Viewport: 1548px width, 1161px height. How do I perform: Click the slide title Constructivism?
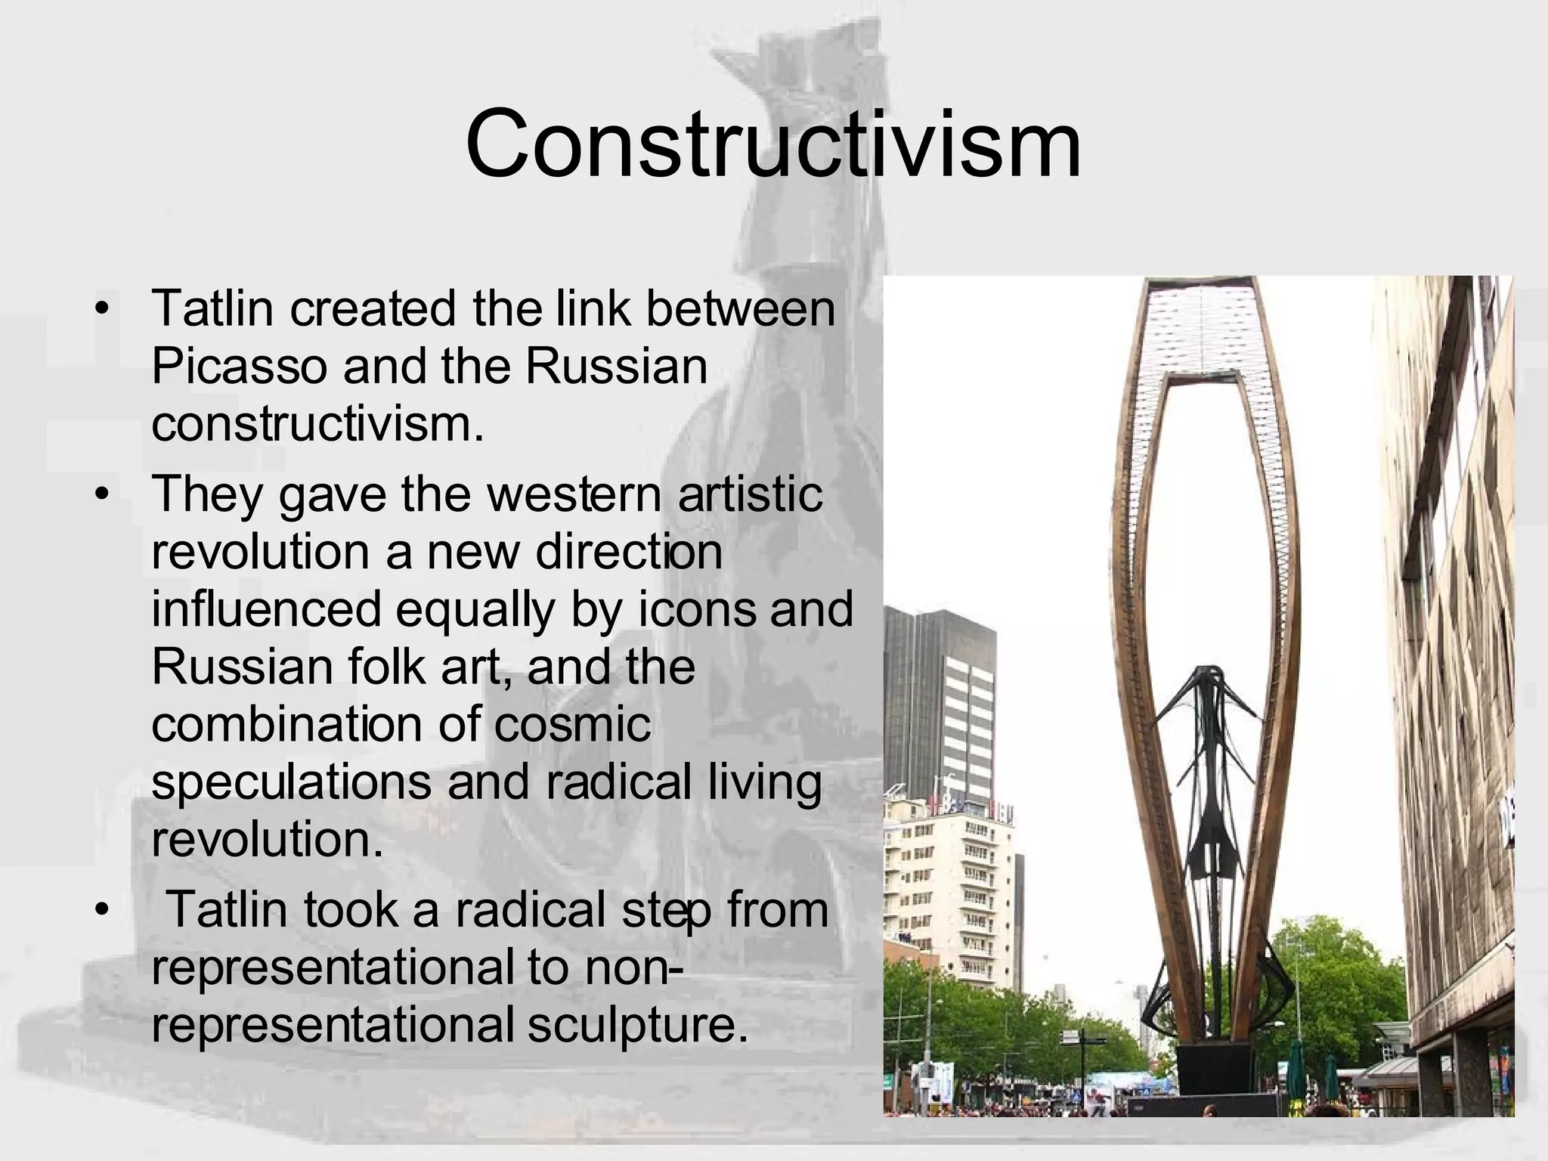coord(772,144)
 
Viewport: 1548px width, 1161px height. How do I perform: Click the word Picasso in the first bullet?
coord(239,367)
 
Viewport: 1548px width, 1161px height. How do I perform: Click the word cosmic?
coord(572,723)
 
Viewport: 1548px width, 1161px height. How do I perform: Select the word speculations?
coord(291,782)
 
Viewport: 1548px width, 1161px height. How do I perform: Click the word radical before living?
coord(618,781)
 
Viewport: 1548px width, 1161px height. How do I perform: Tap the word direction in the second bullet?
coord(628,551)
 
